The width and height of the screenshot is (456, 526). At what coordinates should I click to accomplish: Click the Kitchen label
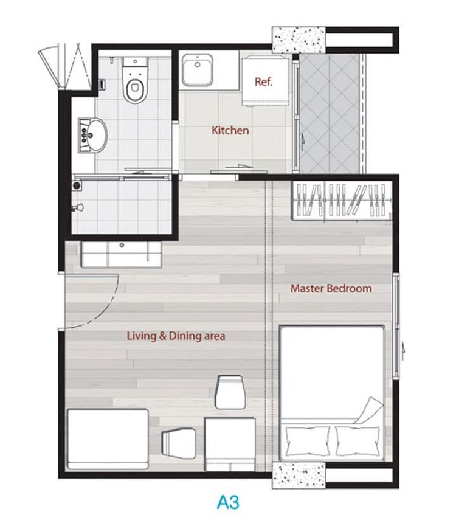(x=230, y=130)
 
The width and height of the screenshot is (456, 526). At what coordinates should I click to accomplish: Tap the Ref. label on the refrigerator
(x=263, y=81)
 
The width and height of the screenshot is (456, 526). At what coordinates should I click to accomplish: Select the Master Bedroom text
(x=331, y=288)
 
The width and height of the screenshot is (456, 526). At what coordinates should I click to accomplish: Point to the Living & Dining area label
(x=176, y=336)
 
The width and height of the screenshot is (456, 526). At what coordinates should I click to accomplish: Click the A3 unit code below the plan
(x=228, y=502)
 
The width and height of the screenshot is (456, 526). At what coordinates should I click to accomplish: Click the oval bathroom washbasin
(x=92, y=134)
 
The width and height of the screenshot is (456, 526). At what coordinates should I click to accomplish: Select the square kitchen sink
(x=197, y=71)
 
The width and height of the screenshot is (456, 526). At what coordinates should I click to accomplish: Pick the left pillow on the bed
(x=308, y=440)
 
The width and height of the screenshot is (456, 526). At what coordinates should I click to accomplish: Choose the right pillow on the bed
(x=358, y=440)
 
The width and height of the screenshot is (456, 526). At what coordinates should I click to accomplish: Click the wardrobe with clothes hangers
(x=342, y=201)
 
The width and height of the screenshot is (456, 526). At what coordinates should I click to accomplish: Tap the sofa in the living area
(x=108, y=439)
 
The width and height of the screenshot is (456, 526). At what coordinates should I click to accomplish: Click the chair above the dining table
(x=229, y=392)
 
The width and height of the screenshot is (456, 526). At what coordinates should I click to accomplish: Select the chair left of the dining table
(x=179, y=443)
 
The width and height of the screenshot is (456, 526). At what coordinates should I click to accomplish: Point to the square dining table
(x=230, y=444)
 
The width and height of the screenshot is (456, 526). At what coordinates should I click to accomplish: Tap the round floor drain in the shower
(x=77, y=185)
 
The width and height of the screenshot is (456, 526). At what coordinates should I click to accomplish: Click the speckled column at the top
(x=299, y=40)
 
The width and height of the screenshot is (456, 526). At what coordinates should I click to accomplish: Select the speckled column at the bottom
(x=299, y=475)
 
